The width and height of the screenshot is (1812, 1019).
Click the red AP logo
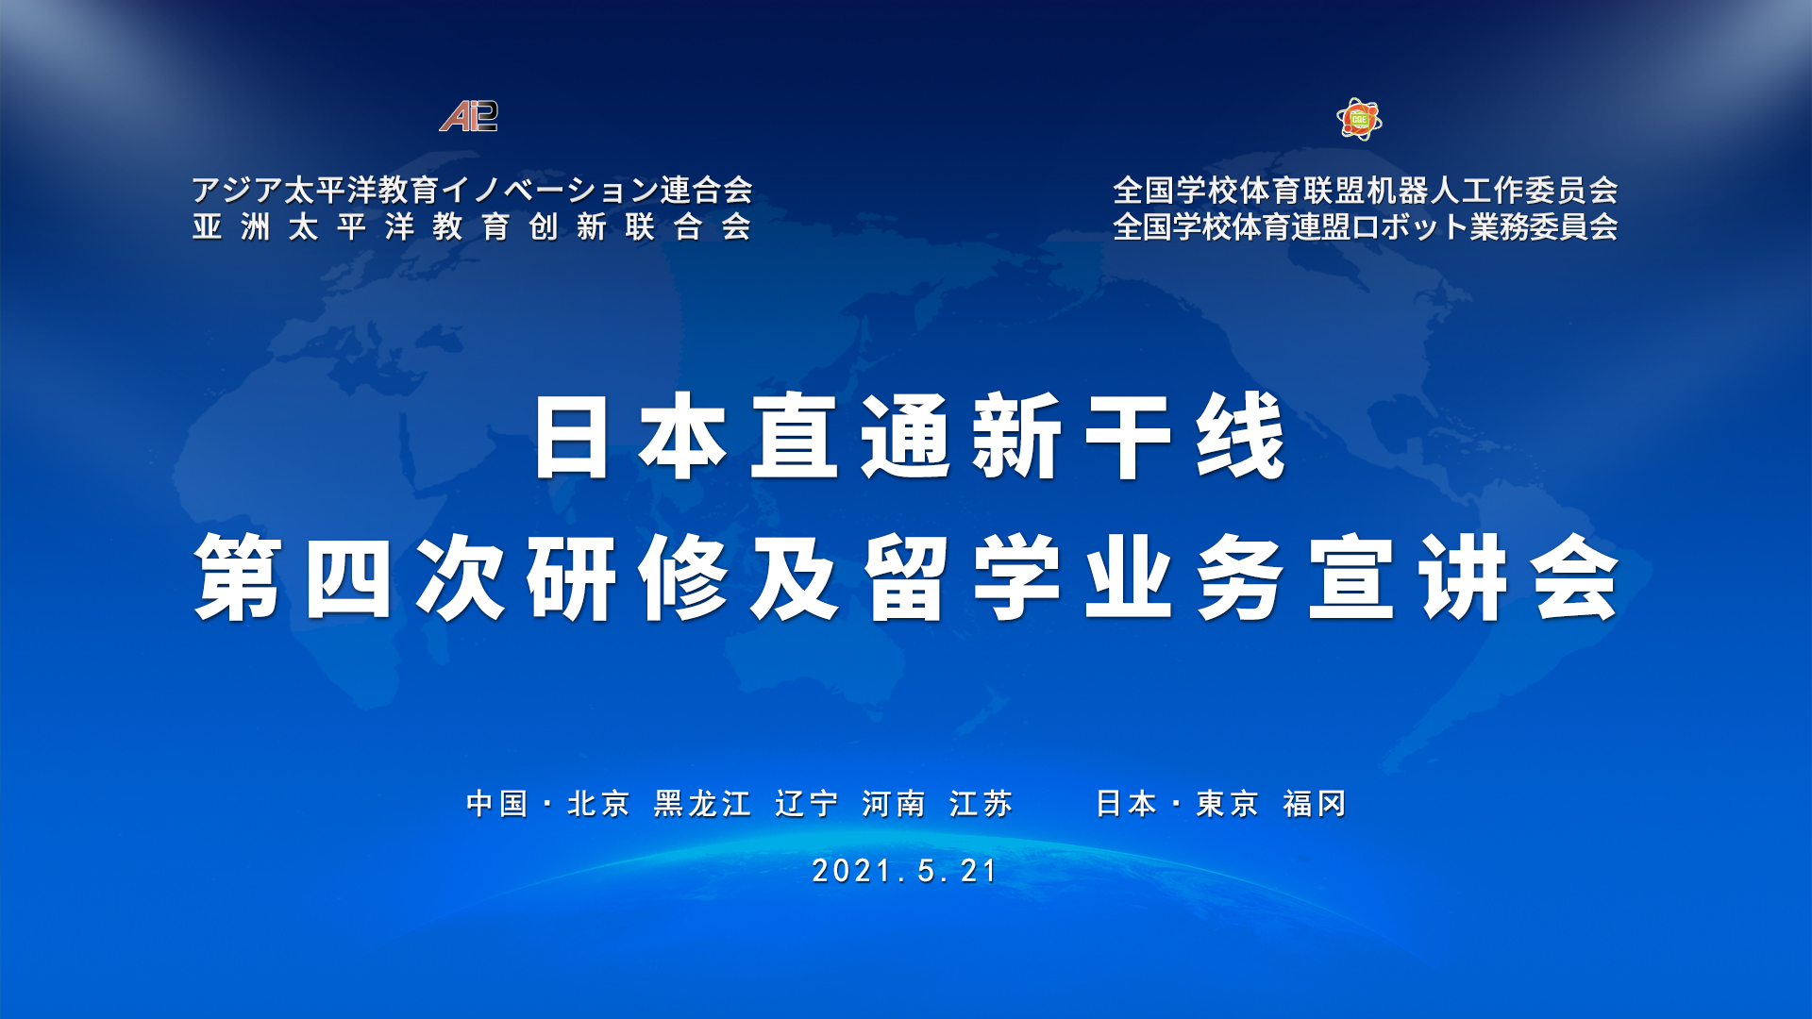pyautogui.click(x=469, y=116)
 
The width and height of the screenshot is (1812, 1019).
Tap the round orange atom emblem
pyautogui.click(x=1359, y=119)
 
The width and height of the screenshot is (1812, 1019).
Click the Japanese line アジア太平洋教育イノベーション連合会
pyautogui.click(x=472, y=190)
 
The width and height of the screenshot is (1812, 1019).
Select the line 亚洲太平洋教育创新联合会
pyautogui.click(x=472, y=226)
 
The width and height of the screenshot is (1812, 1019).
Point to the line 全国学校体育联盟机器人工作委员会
pyautogui.click(x=1366, y=190)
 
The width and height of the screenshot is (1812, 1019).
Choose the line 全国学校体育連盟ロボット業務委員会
pyautogui.click(x=1366, y=226)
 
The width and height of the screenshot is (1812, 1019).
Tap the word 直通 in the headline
pyautogui.click(x=851, y=437)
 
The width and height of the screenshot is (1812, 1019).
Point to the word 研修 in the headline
pyautogui.click(x=628, y=576)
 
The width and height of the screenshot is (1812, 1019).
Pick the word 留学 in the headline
pyautogui.click(x=963, y=576)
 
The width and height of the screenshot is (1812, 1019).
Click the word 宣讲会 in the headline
pyautogui.click(x=1464, y=576)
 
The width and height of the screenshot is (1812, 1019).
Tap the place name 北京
pyautogui.click(x=598, y=804)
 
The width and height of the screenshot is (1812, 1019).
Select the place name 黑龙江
pyautogui.click(x=702, y=804)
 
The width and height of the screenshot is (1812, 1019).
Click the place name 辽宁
pyautogui.click(x=807, y=804)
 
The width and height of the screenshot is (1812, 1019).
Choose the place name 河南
pyautogui.click(x=893, y=804)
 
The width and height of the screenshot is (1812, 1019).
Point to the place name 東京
pyautogui.click(x=1228, y=804)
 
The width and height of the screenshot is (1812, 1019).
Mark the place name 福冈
pyautogui.click(x=1315, y=804)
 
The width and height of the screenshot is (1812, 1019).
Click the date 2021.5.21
pyautogui.click(x=904, y=870)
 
